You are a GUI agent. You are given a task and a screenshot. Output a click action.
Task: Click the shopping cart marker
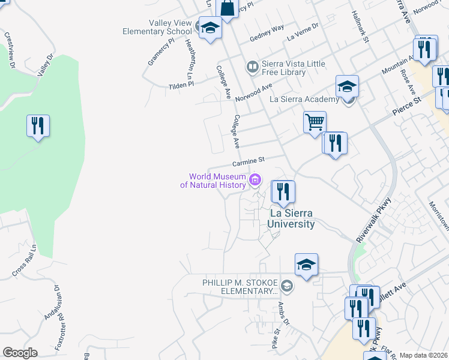point(315,123)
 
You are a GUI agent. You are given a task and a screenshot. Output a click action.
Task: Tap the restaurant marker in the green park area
point(38,127)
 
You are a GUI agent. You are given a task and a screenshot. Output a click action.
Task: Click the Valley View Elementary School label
point(157,26)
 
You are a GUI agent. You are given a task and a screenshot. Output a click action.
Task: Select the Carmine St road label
point(249,162)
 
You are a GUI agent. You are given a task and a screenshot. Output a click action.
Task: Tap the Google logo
point(20,353)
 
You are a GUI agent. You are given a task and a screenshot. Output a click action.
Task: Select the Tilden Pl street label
point(182,85)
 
